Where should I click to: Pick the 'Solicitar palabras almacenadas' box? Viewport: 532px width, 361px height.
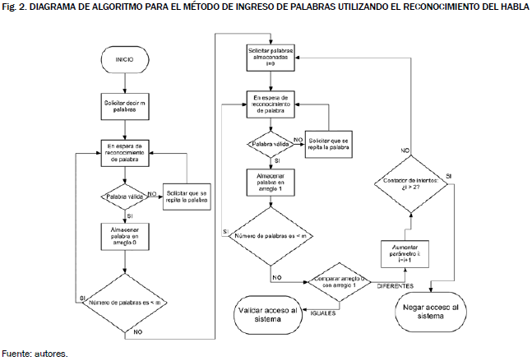point(271,55)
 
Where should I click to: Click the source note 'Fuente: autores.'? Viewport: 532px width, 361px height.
point(35,354)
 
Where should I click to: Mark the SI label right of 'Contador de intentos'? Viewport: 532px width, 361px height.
point(448,177)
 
